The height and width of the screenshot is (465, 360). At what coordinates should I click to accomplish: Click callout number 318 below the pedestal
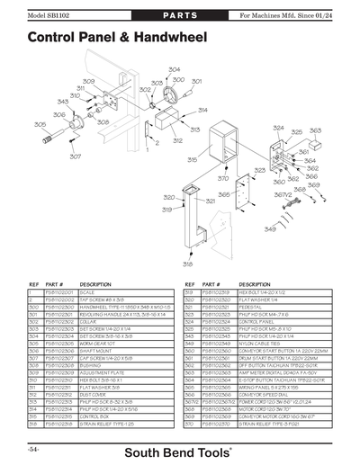coord(187,264)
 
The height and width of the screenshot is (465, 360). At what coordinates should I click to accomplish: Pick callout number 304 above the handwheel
coord(174,69)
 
